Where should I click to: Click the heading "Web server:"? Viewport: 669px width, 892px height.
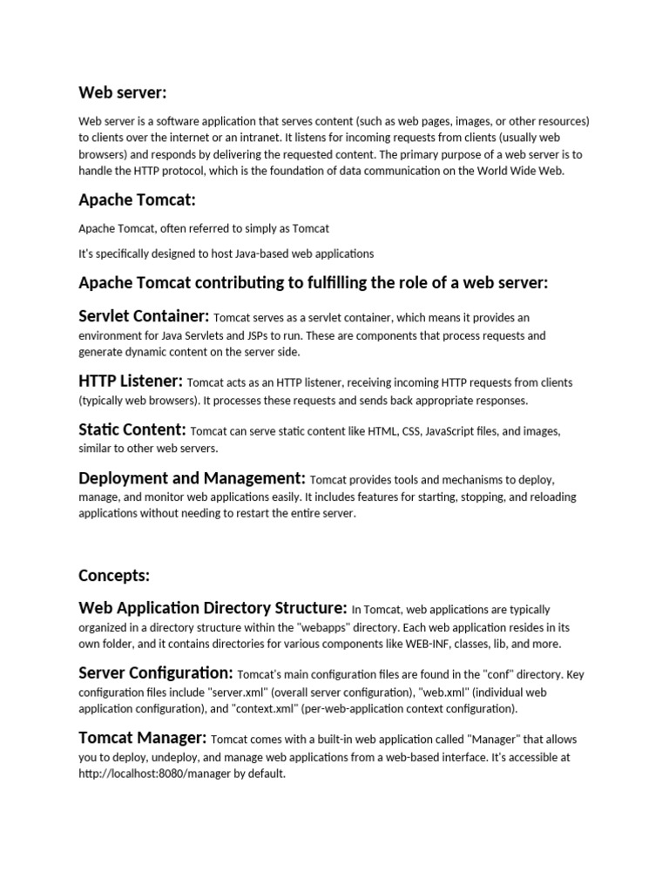pyautogui.click(x=123, y=92)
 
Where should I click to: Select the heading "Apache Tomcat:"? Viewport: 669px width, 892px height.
pyautogui.click(x=137, y=200)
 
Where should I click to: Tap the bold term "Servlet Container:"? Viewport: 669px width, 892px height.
pyautogui.click(x=144, y=315)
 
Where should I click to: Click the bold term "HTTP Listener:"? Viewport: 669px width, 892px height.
pyautogui.click(x=131, y=381)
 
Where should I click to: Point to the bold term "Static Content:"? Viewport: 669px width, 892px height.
pyautogui.click(x=132, y=429)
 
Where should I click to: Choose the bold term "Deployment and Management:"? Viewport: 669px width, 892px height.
pyautogui.click(x=192, y=478)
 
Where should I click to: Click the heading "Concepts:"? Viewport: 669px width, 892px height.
pyautogui.click(x=114, y=575)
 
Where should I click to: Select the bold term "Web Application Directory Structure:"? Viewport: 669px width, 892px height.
pyautogui.click(x=213, y=607)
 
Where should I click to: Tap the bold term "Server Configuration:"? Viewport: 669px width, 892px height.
pyautogui.click(x=156, y=672)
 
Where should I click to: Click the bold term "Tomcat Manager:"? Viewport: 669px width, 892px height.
pyautogui.click(x=143, y=738)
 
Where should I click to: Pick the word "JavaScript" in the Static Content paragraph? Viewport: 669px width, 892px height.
pyautogui.click(x=453, y=432)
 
